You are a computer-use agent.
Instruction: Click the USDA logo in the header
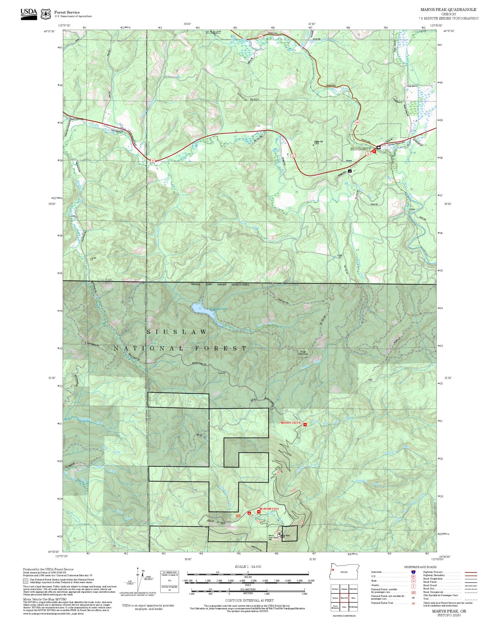[29, 13]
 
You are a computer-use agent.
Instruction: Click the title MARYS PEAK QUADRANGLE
[448, 10]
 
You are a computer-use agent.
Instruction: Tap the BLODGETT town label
[361, 149]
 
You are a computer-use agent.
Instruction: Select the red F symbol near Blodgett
[374, 151]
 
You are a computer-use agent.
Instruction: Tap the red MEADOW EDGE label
[269, 509]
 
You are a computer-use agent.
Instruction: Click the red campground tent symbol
[249, 513]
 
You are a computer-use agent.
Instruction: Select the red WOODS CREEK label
[290, 423]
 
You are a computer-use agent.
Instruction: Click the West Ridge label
[216, 522]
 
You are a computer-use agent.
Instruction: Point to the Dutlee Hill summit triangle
[314, 145]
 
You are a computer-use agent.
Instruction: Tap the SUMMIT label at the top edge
[213, 32]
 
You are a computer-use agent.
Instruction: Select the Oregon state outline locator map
[344, 572]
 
